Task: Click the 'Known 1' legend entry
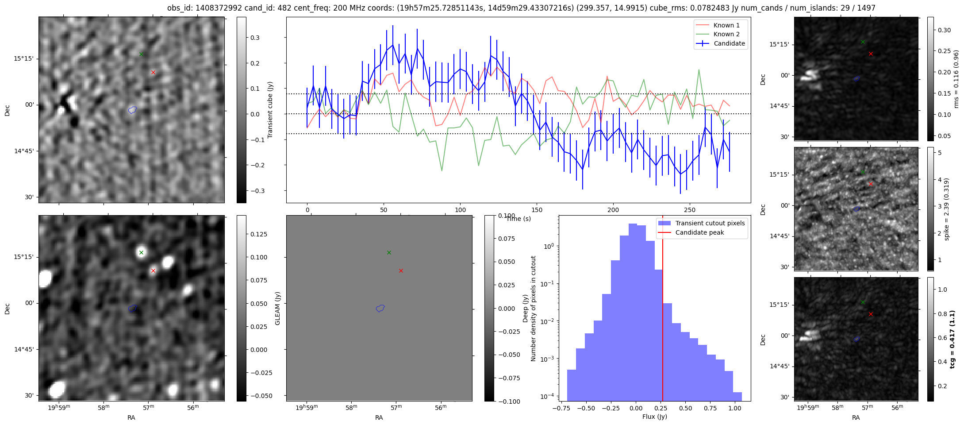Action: click(726, 25)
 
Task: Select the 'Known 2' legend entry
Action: click(726, 34)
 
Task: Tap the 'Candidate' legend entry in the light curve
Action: click(729, 43)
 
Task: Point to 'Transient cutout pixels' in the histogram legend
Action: click(710, 223)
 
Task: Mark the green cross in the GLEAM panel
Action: click(389, 252)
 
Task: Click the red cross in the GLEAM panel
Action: click(401, 270)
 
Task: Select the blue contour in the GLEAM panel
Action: click(380, 308)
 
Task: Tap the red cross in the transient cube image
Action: click(153, 72)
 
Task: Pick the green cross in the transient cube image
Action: click(141, 54)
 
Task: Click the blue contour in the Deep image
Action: click(132, 308)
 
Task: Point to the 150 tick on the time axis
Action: click(537, 210)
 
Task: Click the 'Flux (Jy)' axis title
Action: click(654, 417)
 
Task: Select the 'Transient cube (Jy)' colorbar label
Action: click(270, 110)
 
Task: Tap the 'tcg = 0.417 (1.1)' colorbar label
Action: click(952, 339)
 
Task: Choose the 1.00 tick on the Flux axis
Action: click(734, 408)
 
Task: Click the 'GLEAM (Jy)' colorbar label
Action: click(278, 308)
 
